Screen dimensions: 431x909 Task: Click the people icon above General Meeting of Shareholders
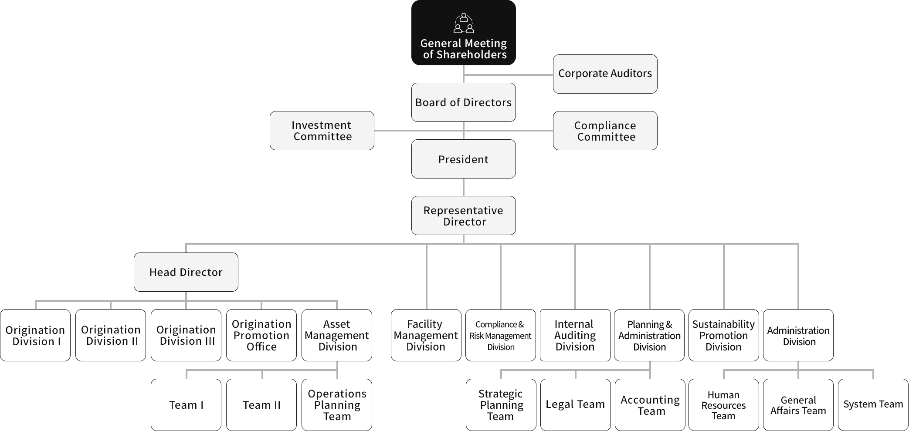[464, 24]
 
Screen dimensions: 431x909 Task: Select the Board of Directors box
[463, 102]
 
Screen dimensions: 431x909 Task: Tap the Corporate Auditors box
[605, 74]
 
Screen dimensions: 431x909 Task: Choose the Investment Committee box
[322, 131]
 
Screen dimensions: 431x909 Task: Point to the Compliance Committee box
[605, 131]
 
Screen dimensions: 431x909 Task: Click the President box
[463, 159]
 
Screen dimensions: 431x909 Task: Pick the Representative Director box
[463, 215]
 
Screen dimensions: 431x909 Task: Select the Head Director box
[186, 272]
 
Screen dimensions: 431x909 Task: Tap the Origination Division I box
[35, 335]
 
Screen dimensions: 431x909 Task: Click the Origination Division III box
[186, 335]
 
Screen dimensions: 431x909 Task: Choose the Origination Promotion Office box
[261, 335]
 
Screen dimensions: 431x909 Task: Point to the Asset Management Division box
[337, 335]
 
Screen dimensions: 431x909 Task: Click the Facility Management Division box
[426, 335]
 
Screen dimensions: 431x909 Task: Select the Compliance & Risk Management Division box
[500, 335]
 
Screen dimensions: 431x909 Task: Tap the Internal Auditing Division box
[575, 335]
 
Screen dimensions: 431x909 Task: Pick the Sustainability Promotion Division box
[723, 335]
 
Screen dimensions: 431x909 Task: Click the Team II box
[261, 405]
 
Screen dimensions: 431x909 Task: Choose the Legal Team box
[575, 405]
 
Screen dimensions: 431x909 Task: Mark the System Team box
[873, 405]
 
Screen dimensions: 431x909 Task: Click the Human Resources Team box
[723, 405]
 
